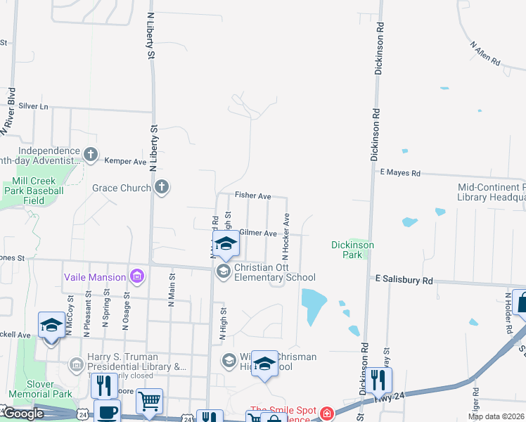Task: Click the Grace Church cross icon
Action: (162, 187)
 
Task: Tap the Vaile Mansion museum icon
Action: (136, 276)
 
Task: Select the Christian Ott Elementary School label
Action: (274, 272)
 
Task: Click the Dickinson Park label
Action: (352, 250)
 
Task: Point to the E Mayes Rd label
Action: (399, 172)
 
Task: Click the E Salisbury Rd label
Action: (404, 279)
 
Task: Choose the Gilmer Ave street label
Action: (257, 232)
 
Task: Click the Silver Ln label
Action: (34, 106)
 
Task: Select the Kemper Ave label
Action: (125, 161)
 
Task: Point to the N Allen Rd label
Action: (486, 55)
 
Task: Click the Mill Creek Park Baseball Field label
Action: (34, 191)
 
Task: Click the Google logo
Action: (24, 414)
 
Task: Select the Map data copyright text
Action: (496, 416)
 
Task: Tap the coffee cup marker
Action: (107, 412)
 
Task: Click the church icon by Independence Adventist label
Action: (90, 153)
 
